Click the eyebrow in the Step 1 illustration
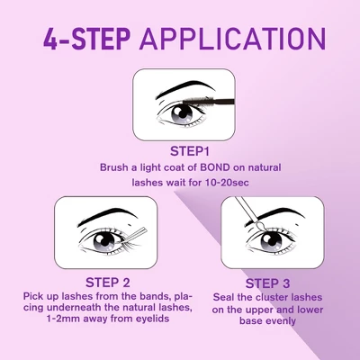click(176, 90)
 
